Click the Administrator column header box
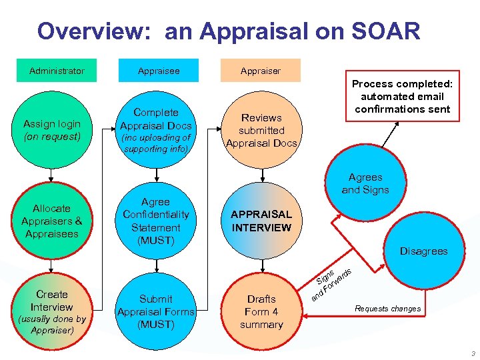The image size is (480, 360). pyautogui.click(x=57, y=71)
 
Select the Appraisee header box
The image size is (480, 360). pyautogui.click(x=159, y=71)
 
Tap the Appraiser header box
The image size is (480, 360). pyautogui.click(x=260, y=71)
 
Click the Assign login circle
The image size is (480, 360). pyautogui.click(x=51, y=130)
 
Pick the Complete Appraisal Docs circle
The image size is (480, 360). pyautogui.click(x=155, y=130)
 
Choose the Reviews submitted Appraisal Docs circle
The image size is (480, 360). pyautogui.click(x=261, y=130)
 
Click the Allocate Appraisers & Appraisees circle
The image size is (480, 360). pyautogui.click(x=51, y=221)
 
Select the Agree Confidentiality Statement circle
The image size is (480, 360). pyautogui.click(x=155, y=221)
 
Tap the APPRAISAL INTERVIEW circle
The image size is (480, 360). pyautogui.click(x=261, y=221)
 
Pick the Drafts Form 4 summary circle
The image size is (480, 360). pyautogui.click(x=261, y=311)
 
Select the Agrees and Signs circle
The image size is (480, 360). pyautogui.click(x=365, y=183)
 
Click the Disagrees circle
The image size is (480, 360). pyautogui.click(x=423, y=251)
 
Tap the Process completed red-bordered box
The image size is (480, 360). pyautogui.click(x=402, y=97)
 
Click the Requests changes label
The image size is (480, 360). pyautogui.click(x=387, y=309)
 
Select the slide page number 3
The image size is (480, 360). pyautogui.click(x=471, y=353)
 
